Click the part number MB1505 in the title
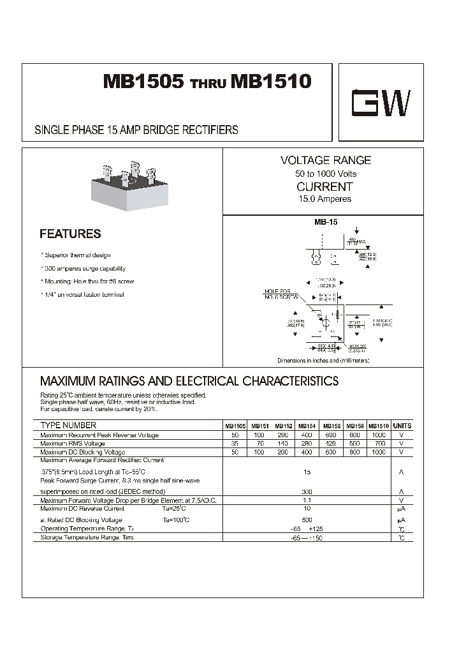coord(143,82)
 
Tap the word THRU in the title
coord(208,84)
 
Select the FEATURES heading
coord(70,234)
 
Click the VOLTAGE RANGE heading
coord(325,161)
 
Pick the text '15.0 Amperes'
coord(325,199)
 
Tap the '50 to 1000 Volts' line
coord(325,174)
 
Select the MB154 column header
coord(307,426)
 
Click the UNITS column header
coord(402,426)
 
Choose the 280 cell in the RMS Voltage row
coord(307,443)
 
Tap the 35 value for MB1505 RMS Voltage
coord(235,443)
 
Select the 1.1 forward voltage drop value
coord(307,500)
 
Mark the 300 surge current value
coord(307,492)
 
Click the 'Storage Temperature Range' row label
coord(87,537)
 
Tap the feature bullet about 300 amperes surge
coord(84,269)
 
